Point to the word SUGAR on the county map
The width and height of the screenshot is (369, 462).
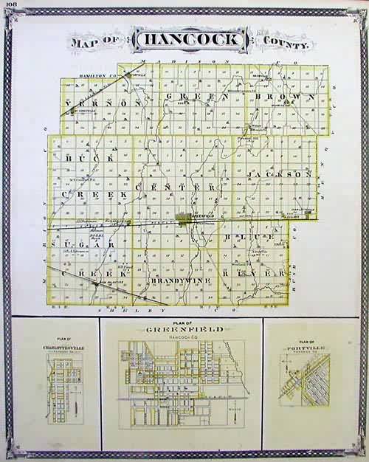click(x=89, y=241)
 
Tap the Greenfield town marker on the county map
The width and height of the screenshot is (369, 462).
click(x=184, y=218)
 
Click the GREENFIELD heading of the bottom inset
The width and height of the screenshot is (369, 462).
click(x=182, y=329)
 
